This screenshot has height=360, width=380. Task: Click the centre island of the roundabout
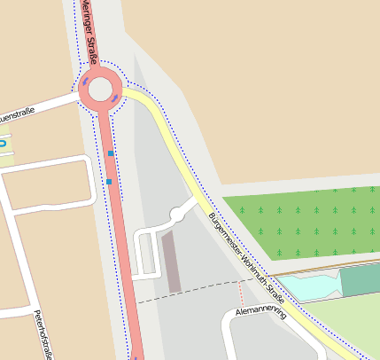(x=100, y=88)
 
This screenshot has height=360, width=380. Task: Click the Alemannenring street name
(x=261, y=312)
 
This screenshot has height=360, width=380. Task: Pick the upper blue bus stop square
(x=111, y=153)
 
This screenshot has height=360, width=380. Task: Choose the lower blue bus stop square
(x=109, y=182)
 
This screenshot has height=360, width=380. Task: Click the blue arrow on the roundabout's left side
(x=85, y=82)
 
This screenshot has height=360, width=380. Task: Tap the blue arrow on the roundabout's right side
(x=115, y=97)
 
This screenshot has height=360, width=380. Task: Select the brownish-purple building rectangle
(x=173, y=262)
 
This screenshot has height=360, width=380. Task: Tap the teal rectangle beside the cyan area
(x=360, y=280)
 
